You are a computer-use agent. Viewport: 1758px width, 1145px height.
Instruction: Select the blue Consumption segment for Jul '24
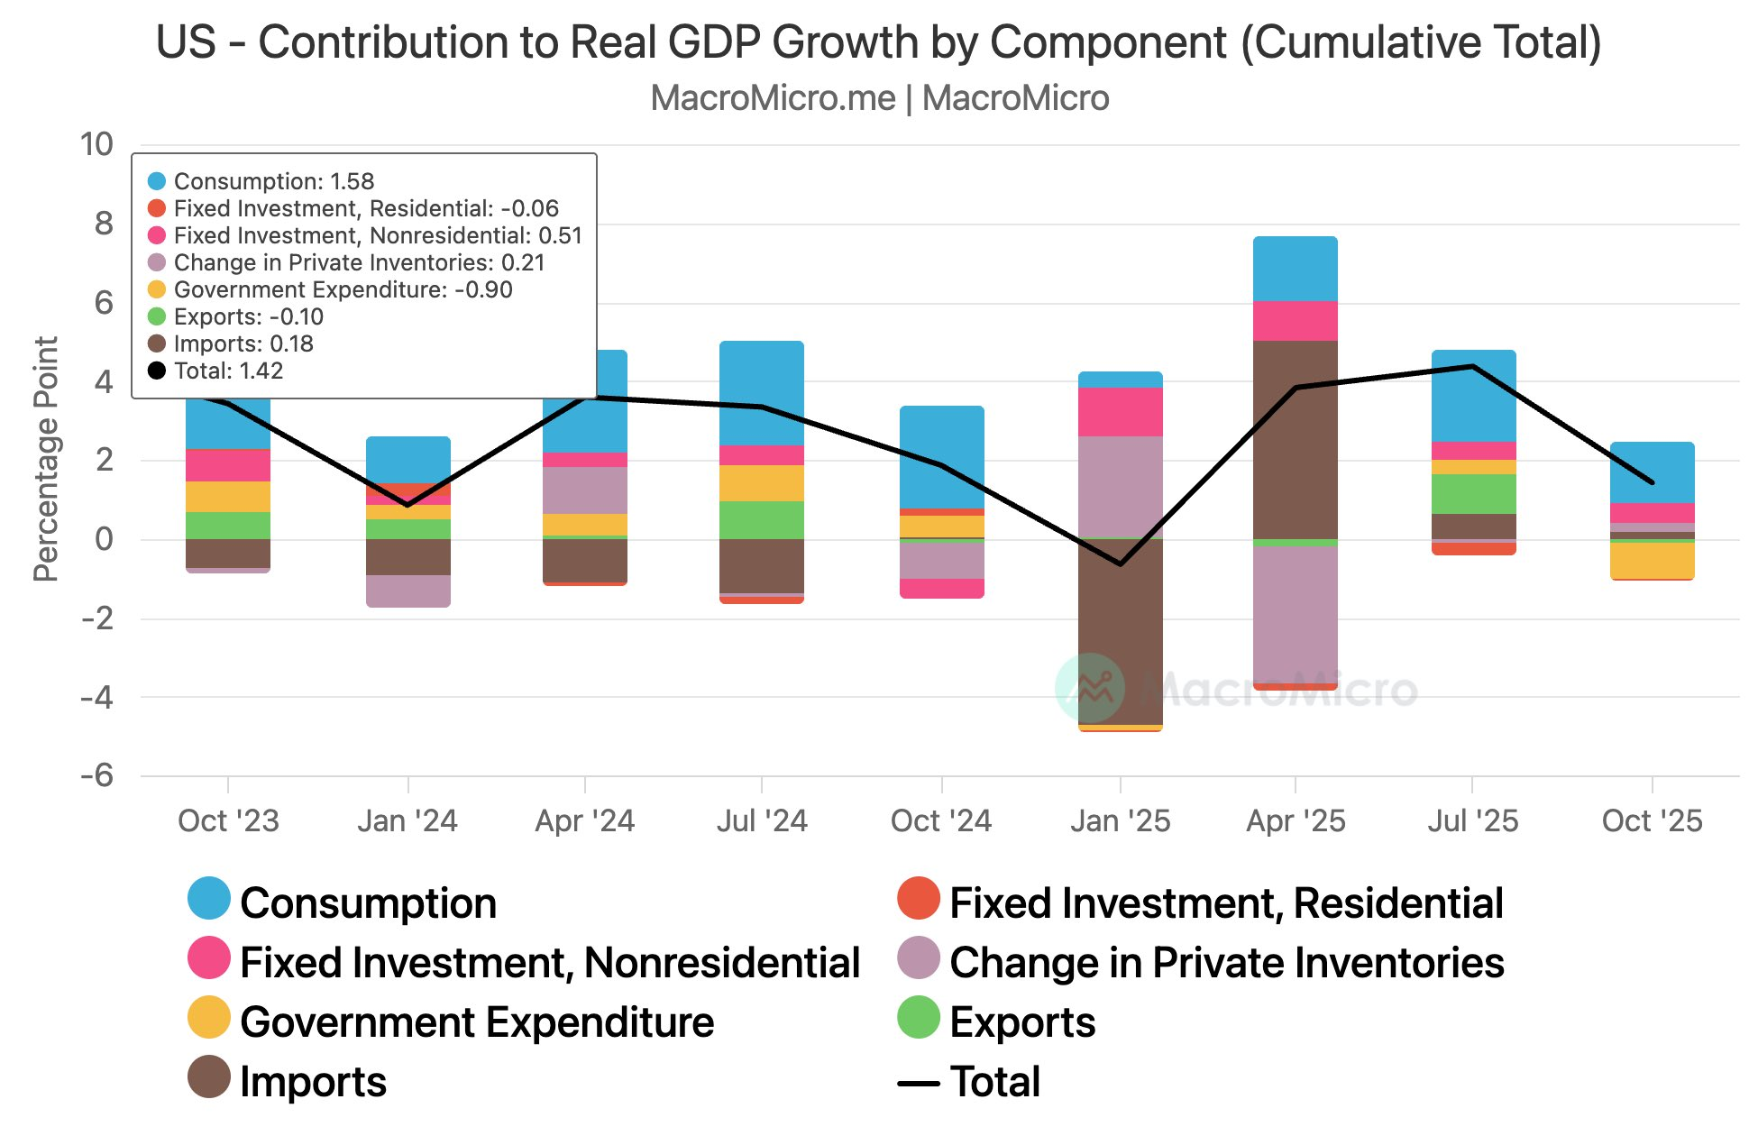(x=761, y=392)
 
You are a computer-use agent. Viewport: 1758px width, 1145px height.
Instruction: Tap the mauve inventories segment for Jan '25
(x=1120, y=487)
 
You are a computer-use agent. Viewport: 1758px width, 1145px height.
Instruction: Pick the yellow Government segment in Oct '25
(x=1652, y=560)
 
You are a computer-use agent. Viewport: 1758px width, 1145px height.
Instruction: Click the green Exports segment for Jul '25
(x=1473, y=494)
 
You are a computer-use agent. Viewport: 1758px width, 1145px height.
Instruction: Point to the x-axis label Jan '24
(x=407, y=821)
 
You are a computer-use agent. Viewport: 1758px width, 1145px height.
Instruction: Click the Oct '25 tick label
(x=1652, y=821)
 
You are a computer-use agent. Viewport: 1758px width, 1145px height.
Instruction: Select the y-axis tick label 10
(x=96, y=144)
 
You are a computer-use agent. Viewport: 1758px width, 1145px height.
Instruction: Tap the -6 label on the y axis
(x=96, y=775)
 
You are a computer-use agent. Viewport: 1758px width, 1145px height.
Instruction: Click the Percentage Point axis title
(x=45, y=459)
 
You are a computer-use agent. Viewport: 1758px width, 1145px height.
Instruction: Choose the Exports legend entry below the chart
(x=1022, y=1022)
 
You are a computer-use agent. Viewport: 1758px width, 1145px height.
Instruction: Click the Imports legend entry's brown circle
(x=209, y=1077)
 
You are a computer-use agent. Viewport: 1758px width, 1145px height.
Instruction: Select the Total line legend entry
(x=995, y=1082)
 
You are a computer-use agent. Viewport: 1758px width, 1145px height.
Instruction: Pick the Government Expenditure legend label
(x=477, y=1022)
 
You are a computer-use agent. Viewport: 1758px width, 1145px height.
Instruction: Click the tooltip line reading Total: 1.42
(x=228, y=371)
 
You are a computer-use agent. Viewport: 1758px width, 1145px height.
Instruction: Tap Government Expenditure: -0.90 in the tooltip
(x=343, y=289)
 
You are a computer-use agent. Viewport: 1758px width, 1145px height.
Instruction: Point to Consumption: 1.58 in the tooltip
(x=273, y=181)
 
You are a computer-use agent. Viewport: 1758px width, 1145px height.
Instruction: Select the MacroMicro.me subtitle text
(x=773, y=98)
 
